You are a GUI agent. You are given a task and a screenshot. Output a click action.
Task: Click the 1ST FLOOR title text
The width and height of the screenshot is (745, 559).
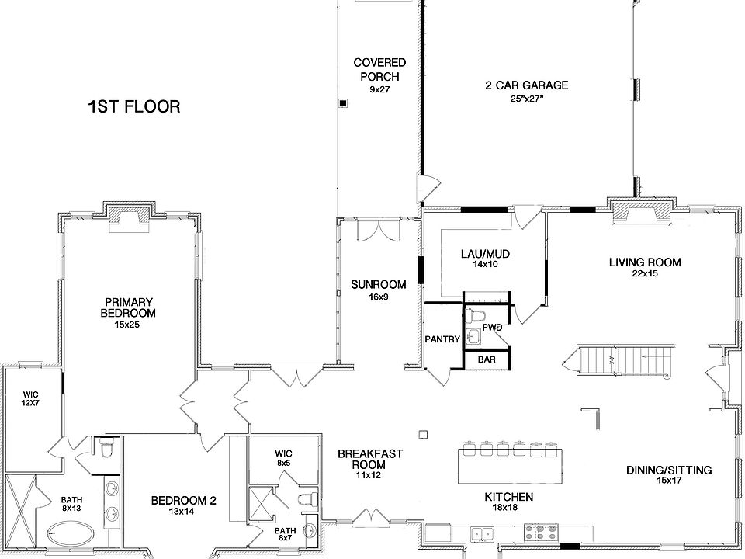click(134, 106)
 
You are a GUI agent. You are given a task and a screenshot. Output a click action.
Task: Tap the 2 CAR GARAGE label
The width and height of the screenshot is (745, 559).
click(526, 85)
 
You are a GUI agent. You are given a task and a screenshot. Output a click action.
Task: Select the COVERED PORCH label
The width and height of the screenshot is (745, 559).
click(379, 69)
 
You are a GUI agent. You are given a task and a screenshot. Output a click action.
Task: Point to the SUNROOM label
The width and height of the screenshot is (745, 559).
click(379, 285)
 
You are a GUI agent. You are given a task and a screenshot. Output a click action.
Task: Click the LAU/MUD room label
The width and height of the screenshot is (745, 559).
click(485, 254)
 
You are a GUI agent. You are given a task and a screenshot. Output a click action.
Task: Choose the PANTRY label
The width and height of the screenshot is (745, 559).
click(442, 339)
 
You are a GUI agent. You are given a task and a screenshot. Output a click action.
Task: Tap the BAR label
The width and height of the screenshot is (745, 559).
click(487, 359)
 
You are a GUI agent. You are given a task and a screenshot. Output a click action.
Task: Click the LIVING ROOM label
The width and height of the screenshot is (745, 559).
click(645, 262)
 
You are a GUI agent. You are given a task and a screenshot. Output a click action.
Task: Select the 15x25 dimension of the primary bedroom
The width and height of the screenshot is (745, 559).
click(127, 325)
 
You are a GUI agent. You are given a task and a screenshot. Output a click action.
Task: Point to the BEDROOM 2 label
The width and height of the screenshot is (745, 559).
click(183, 501)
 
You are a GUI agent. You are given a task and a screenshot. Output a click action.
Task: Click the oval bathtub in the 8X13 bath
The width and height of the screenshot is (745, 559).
click(71, 534)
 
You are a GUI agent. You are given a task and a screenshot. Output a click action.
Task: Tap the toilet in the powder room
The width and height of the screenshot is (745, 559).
click(474, 316)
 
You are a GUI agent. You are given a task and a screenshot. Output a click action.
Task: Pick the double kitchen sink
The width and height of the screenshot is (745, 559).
click(483, 534)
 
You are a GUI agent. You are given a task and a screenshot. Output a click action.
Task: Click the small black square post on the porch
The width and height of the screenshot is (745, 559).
click(344, 103)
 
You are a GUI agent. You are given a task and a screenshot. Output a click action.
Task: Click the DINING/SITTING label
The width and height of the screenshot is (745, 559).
click(669, 470)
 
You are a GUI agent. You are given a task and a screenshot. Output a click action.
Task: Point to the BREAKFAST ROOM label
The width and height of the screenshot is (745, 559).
click(370, 459)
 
